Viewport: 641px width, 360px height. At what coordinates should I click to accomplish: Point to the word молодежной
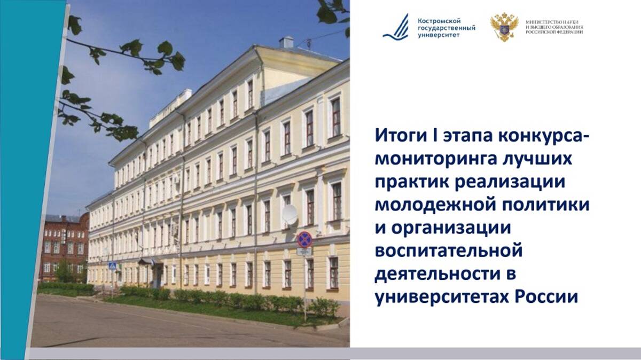(438, 205)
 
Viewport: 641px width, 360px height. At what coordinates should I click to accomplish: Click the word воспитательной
(449, 250)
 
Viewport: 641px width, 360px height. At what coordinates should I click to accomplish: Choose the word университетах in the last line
(442, 298)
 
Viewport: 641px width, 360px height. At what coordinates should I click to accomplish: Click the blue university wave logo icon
(396, 27)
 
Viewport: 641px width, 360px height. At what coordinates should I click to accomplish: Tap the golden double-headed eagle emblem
(504, 27)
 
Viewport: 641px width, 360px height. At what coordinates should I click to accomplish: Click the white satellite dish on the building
(290, 215)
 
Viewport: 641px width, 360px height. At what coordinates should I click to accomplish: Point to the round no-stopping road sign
(304, 239)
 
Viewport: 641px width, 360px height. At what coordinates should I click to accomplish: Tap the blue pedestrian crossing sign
(112, 265)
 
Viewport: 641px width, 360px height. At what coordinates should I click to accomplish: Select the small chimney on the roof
(286, 42)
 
